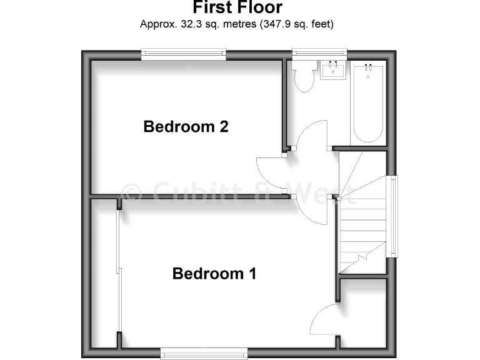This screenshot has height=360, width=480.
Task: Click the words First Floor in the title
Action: [x=237, y=8]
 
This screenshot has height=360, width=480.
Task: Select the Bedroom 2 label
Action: [x=186, y=127]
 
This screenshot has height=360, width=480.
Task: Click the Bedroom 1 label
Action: [x=214, y=274]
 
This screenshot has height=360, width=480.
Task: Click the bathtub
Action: [x=367, y=103]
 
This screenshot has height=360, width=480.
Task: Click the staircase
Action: [x=362, y=212]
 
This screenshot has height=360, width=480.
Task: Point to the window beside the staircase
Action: [x=393, y=216]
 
